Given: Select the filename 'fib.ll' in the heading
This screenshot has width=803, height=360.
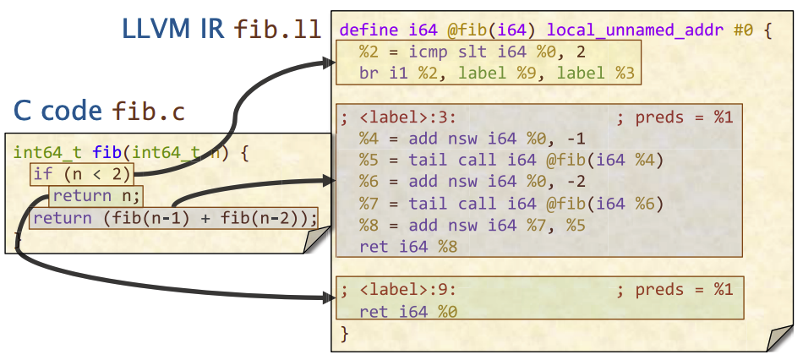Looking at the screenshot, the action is pyautogui.click(x=277, y=30).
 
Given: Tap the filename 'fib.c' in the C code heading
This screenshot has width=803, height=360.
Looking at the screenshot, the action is pyautogui.click(x=148, y=111).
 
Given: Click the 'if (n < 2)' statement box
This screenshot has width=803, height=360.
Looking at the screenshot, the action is pyautogui.click(x=82, y=174).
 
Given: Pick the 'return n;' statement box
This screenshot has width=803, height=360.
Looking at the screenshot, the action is pyautogui.click(x=96, y=195).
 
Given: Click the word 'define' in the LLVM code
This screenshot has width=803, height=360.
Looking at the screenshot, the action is pyautogui.click(x=369, y=30).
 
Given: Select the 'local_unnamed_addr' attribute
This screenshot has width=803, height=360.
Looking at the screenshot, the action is pyautogui.click(x=635, y=30).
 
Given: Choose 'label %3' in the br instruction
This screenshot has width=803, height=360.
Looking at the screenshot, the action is pyautogui.click(x=596, y=74).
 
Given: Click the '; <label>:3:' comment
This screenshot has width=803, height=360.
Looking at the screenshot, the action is pyautogui.click(x=398, y=117).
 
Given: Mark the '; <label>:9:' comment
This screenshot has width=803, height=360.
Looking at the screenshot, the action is pyautogui.click(x=398, y=290).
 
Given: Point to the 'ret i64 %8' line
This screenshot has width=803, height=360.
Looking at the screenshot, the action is pyautogui.click(x=408, y=247).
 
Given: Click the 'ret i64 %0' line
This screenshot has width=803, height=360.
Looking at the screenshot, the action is pyautogui.click(x=408, y=311).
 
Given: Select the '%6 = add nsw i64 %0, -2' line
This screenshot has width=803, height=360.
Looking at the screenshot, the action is pyautogui.click(x=473, y=182).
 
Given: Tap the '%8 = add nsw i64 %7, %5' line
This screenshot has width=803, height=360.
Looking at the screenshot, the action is pyautogui.click(x=473, y=226).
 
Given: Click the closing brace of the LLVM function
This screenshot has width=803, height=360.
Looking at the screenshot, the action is pyautogui.click(x=344, y=334).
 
